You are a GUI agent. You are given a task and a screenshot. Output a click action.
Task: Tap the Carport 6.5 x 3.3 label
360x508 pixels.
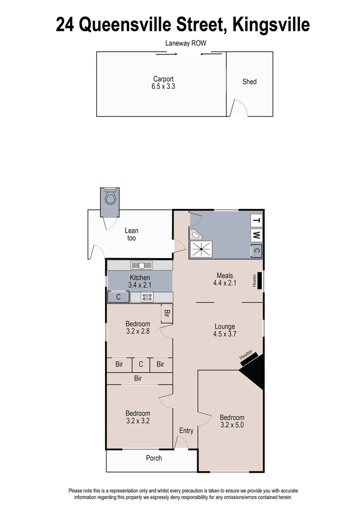(163, 83)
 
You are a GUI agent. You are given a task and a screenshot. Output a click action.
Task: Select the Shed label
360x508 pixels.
(249, 81)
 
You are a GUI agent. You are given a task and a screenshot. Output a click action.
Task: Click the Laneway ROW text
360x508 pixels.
(186, 43)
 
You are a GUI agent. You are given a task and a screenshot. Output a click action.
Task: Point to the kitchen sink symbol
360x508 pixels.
(139, 265)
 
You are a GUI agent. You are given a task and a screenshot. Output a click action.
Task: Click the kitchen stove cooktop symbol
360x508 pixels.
(147, 297)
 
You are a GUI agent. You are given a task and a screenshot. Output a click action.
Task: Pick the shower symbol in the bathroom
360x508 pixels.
(201, 249)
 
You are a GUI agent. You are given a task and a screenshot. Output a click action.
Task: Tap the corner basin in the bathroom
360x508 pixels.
(195, 235)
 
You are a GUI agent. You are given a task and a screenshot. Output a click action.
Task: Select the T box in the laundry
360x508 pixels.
(256, 220)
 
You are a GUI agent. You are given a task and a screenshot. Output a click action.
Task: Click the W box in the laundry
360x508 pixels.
(256, 235)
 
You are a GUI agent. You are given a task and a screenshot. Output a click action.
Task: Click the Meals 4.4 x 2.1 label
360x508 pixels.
(224, 279)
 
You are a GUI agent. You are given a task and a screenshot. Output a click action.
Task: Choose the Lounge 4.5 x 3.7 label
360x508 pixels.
(224, 330)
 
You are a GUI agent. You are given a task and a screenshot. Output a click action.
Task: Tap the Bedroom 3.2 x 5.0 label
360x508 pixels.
(232, 421)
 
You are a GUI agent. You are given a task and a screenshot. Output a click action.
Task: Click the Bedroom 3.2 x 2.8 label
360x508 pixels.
(138, 327)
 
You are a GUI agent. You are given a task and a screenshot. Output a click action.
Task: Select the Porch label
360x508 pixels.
(154, 458)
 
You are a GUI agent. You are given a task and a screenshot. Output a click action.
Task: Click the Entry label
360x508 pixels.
(186, 431)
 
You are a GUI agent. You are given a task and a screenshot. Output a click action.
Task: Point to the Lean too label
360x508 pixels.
(131, 234)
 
